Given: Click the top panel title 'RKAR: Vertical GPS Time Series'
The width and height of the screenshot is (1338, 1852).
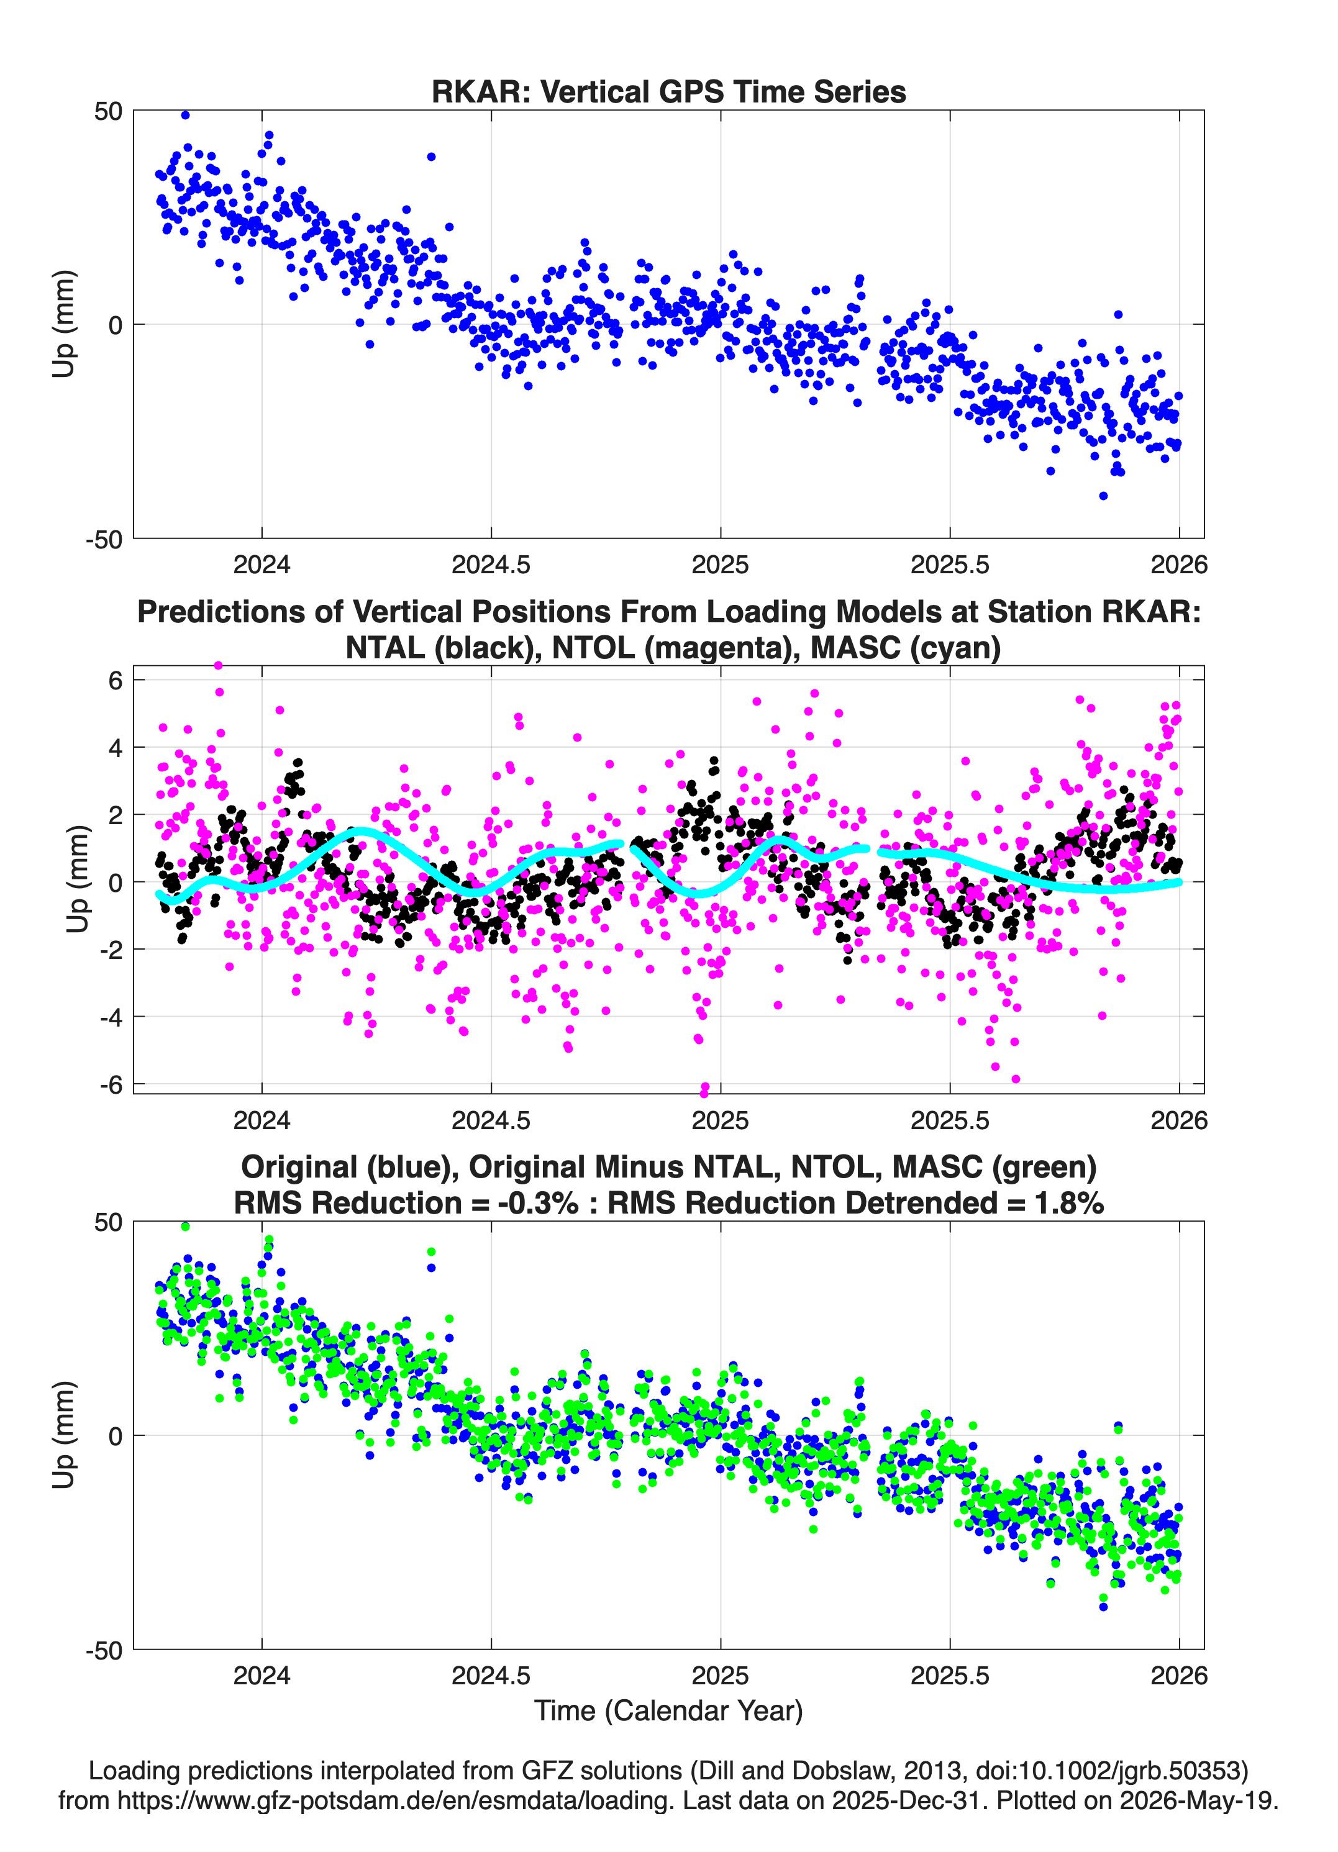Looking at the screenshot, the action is tap(668, 91).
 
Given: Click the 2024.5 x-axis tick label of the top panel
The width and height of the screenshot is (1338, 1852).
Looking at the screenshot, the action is tap(491, 565).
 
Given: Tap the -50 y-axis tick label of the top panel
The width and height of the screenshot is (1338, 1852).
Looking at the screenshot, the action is tap(104, 539).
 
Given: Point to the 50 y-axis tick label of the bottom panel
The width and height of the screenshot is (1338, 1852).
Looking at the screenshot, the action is tap(109, 1222).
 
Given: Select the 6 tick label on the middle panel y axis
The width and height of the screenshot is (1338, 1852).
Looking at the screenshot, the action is tap(115, 679).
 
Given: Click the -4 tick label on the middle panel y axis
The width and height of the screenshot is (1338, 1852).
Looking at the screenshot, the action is tap(111, 1017).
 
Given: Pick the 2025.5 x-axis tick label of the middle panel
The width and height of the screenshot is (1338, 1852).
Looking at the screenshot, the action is tap(950, 1120).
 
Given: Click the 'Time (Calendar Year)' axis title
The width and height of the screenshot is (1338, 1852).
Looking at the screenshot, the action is tap(668, 1711).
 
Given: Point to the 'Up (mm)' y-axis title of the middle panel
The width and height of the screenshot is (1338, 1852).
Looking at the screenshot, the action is tap(77, 879).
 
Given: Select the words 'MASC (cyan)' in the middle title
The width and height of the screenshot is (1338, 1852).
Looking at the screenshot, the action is tap(906, 648).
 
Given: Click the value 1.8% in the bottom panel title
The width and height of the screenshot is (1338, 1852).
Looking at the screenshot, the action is tap(1068, 1203).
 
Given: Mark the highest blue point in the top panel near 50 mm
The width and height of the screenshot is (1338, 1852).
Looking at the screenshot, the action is tap(186, 115).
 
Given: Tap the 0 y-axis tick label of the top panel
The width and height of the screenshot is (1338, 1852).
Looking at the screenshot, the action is tap(115, 325).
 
